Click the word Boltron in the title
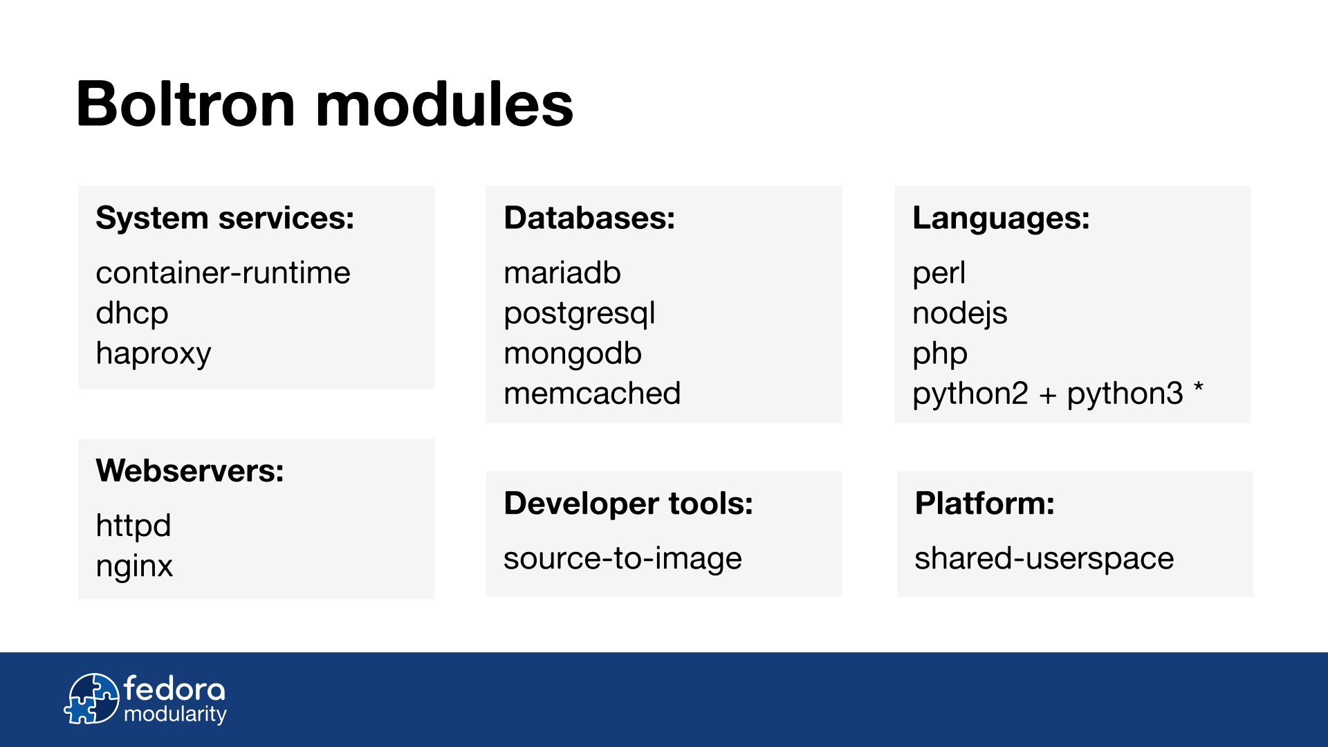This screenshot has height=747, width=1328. pyautogui.click(x=186, y=104)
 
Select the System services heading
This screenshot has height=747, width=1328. pyautogui.click(x=225, y=219)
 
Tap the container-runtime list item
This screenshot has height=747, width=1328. pyautogui.click(x=223, y=273)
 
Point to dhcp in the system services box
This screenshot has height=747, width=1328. pyautogui.click(x=132, y=314)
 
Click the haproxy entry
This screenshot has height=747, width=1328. pyautogui.click(x=154, y=354)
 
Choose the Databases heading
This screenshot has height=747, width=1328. pyautogui.click(x=589, y=218)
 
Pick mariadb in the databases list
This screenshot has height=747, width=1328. pyautogui.click(x=562, y=273)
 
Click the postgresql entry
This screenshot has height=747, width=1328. pyautogui.click(x=580, y=314)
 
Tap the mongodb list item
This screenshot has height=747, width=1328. pyautogui.click(x=573, y=354)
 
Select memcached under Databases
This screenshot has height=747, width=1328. pyautogui.click(x=592, y=393)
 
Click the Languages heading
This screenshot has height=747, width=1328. pyautogui.click(x=1001, y=219)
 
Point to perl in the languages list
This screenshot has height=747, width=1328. pyautogui.click(x=939, y=274)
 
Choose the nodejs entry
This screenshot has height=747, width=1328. pyautogui.click(x=960, y=314)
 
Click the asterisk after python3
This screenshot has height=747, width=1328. pyautogui.click(x=1199, y=387)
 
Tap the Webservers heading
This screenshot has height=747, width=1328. pyautogui.click(x=190, y=470)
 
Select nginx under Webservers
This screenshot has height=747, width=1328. pyautogui.click(x=134, y=567)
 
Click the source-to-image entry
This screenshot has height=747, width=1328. pyautogui.click(x=622, y=559)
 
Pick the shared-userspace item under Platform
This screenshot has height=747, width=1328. pyautogui.click(x=1044, y=559)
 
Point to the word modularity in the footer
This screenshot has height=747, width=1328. pyautogui.click(x=175, y=714)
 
